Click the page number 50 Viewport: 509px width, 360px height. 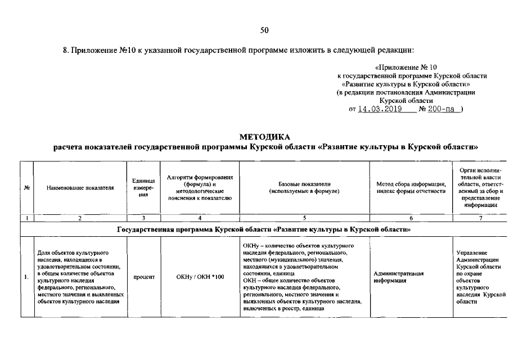tap(265, 30)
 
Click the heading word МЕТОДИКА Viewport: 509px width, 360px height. tap(265, 137)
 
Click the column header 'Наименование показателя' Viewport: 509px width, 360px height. tap(80, 188)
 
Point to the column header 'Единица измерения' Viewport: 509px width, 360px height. tap(143, 188)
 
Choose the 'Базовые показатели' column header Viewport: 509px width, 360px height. tap(304, 188)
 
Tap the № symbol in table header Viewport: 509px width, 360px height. tap(27, 188)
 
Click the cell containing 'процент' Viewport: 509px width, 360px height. tap(143, 277)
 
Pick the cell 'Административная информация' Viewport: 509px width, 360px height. tap(398, 277)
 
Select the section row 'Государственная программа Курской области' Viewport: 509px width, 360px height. tap(265, 229)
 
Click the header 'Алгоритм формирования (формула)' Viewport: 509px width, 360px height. tap(200, 188)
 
